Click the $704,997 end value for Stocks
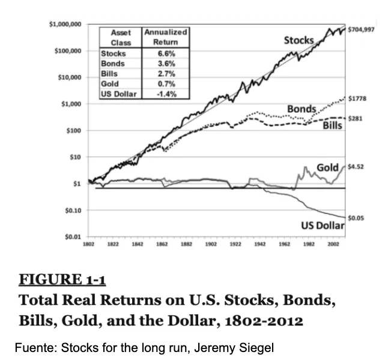[362, 28]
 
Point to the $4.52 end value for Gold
[357, 168]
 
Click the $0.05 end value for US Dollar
[356, 219]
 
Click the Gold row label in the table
[110, 83]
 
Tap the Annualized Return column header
[166, 37]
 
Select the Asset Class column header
[121, 37]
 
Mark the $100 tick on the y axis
[74, 130]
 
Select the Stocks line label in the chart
[299, 40]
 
